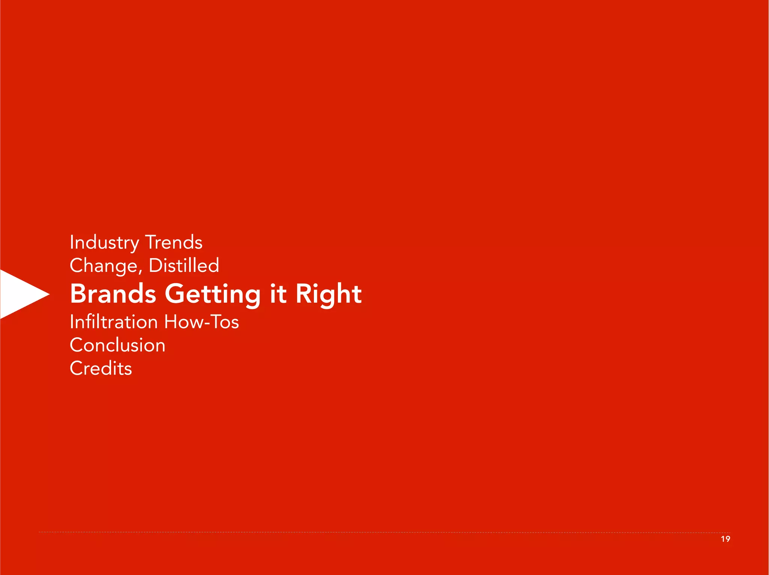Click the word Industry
coord(104,243)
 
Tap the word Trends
coord(174,243)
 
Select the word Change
coord(104,266)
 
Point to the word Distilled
coord(184,266)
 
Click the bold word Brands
coord(113,294)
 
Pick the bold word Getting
coord(213,294)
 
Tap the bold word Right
coord(329,294)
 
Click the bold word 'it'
coord(278,294)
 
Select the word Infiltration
coord(114,322)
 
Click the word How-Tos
coord(202,322)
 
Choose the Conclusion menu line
coord(118,345)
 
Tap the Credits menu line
coord(101,368)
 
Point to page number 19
coord(725,539)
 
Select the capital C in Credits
coord(76,368)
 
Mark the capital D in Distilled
coord(155,266)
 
